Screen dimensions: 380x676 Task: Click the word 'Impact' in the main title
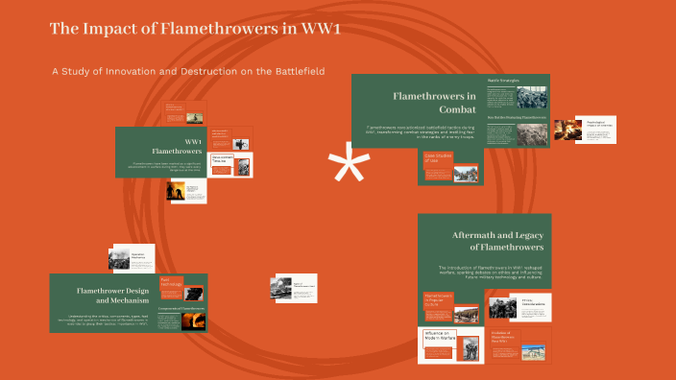pyautogui.click(x=114, y=29)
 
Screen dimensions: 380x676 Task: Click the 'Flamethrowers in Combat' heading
pyautogui.click(x=434, y=103)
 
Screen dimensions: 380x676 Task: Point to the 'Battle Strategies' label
pyautogui.click(x=503, y=80)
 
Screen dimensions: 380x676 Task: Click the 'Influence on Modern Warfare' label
pyautogui.click(x=436, y=337)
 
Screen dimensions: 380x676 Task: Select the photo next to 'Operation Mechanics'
pyautogui.click(x=118, y=259)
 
